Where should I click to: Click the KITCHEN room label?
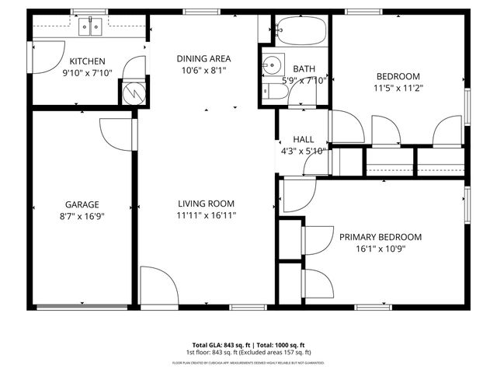click(87, 61)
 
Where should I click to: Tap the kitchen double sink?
click(92, 29)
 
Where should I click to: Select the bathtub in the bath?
click(302, 31)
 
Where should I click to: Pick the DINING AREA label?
click(203, 58)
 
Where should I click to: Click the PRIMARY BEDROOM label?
click(380, 237)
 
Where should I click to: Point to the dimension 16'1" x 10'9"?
click(380, 249)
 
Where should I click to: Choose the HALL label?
click(303, 139)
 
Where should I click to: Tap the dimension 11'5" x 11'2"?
click(398, 88)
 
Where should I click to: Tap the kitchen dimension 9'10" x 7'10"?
click(87, 73)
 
